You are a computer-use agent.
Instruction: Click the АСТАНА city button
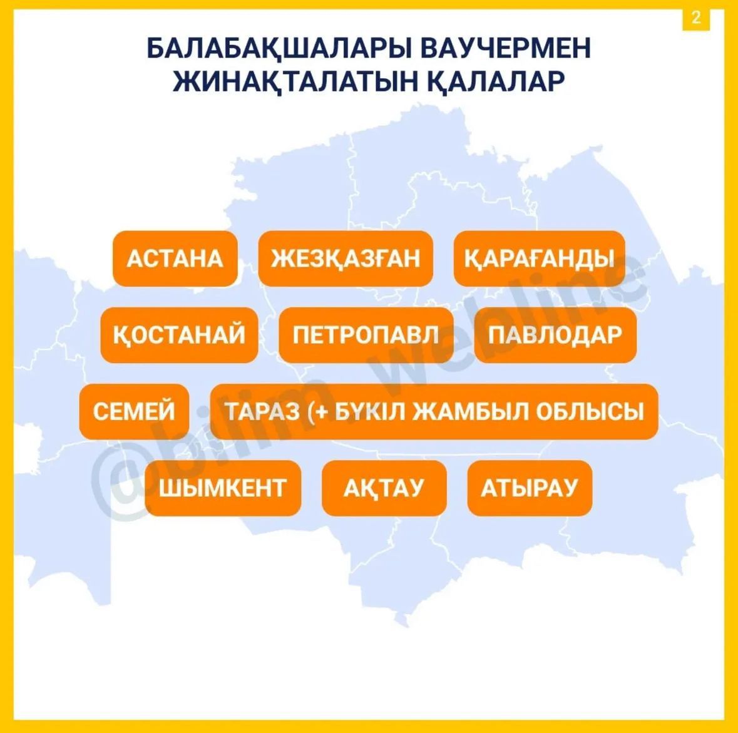(x=175, y=259)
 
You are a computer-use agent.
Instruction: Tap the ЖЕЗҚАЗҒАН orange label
(x=346, y=259)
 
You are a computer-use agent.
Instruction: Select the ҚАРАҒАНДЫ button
(x=540, y=259)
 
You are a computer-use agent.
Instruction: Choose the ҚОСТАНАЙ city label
(x=179, y=335)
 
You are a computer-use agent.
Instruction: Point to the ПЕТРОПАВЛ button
(x=366, y=335)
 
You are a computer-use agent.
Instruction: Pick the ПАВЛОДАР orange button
(x=555, y=335)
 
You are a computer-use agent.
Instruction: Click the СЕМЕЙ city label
(x=134, y=411)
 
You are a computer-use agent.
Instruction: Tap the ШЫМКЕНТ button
(x=223, y=488)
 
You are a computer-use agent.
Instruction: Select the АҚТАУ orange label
(x=384, y=488)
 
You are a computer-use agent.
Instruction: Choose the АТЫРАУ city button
(x=530, y=488)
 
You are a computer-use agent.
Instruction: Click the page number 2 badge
(x=696, y=18)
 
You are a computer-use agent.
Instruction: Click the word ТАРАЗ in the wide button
(x=262, y=411)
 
